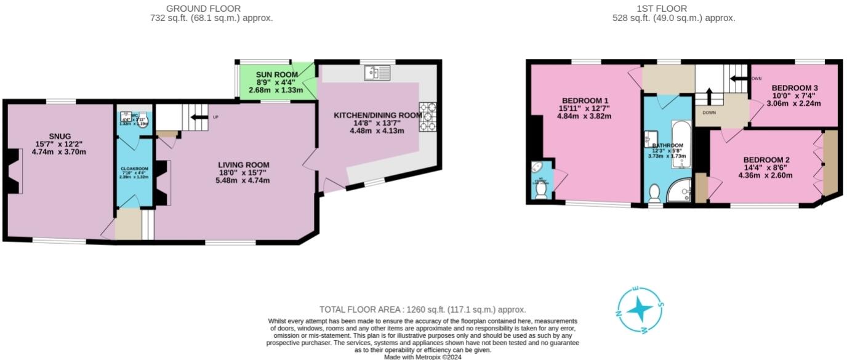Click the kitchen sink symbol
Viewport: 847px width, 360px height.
click(376, 73)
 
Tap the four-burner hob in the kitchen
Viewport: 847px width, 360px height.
click(427, 117)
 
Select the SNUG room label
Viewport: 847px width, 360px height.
click(60, 136)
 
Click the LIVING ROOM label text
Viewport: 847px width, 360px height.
click(244, 164)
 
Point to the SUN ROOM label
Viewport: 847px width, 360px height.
click(277, 74)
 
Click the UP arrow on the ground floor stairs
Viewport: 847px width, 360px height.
click(199, 116)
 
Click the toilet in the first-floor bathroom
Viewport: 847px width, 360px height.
click(654, 193)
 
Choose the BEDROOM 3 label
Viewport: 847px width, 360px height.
click(795, 88)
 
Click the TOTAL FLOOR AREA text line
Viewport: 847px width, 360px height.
click(423, 310)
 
